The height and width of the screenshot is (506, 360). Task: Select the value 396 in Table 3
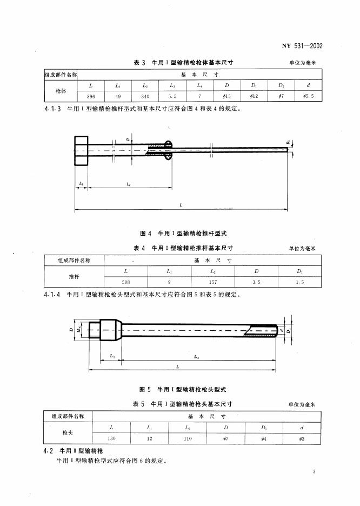click(x=91, y=96)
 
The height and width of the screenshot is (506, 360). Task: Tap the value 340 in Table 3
click(x=145, y=96)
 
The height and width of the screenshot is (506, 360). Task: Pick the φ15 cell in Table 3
click(x=227, y=96)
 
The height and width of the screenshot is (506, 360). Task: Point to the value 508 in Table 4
click(x=125, y=281)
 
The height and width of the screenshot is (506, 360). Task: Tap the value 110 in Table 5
click(x=187, y=438)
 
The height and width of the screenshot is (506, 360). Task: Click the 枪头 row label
click(x=68, y=433)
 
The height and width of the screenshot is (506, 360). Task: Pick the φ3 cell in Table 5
click(x=301, y=438)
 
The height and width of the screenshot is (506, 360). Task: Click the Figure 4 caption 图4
click(x=145, y=234)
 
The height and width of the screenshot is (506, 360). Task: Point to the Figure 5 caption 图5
click(x=145, y=389)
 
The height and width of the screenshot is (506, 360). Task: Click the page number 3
click(x=314, y=473)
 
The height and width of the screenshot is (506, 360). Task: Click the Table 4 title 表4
click(x=140, y=248)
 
